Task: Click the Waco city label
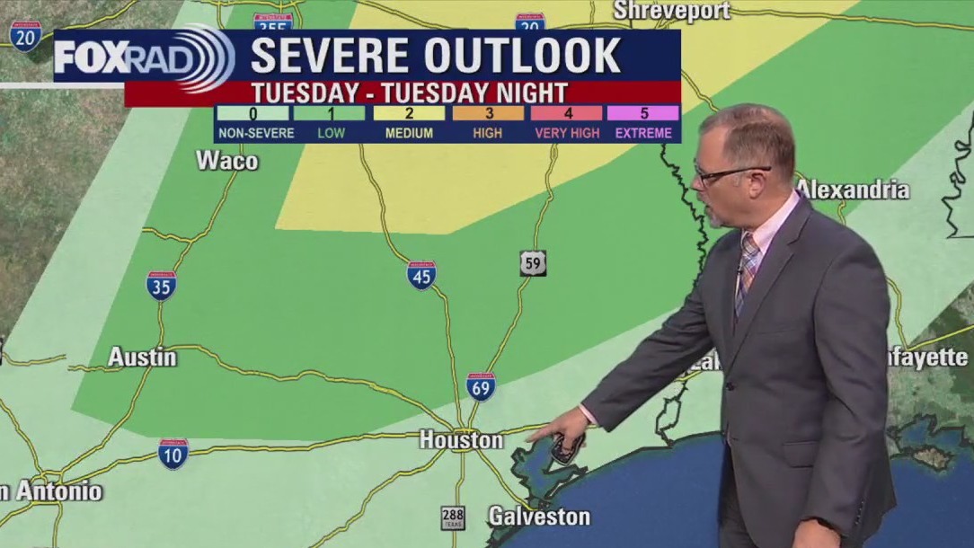tap(226, 161)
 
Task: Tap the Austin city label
tap(142, 357)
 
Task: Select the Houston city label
tap(461, 439)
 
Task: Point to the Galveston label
tap(539, 516)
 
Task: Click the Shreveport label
tap(671, 11)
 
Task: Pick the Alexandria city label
tap(852, 190)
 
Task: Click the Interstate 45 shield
tap(421, 275)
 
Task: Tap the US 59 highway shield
tap(533, 263)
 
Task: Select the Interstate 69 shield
tap(481, 386)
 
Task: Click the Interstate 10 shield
tap(173, 454)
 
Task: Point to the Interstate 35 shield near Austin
tap(161, 286)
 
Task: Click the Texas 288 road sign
tap(454, 518)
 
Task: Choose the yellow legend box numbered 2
tap(410, 113)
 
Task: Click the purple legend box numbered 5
tap(642, 113)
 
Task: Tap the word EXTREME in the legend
tap(642, 133)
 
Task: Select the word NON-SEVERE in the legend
tap(256, 133)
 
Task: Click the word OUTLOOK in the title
tap(523, 57)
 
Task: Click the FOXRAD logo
tap(144, 57)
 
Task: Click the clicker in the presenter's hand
tap(567, 447)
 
